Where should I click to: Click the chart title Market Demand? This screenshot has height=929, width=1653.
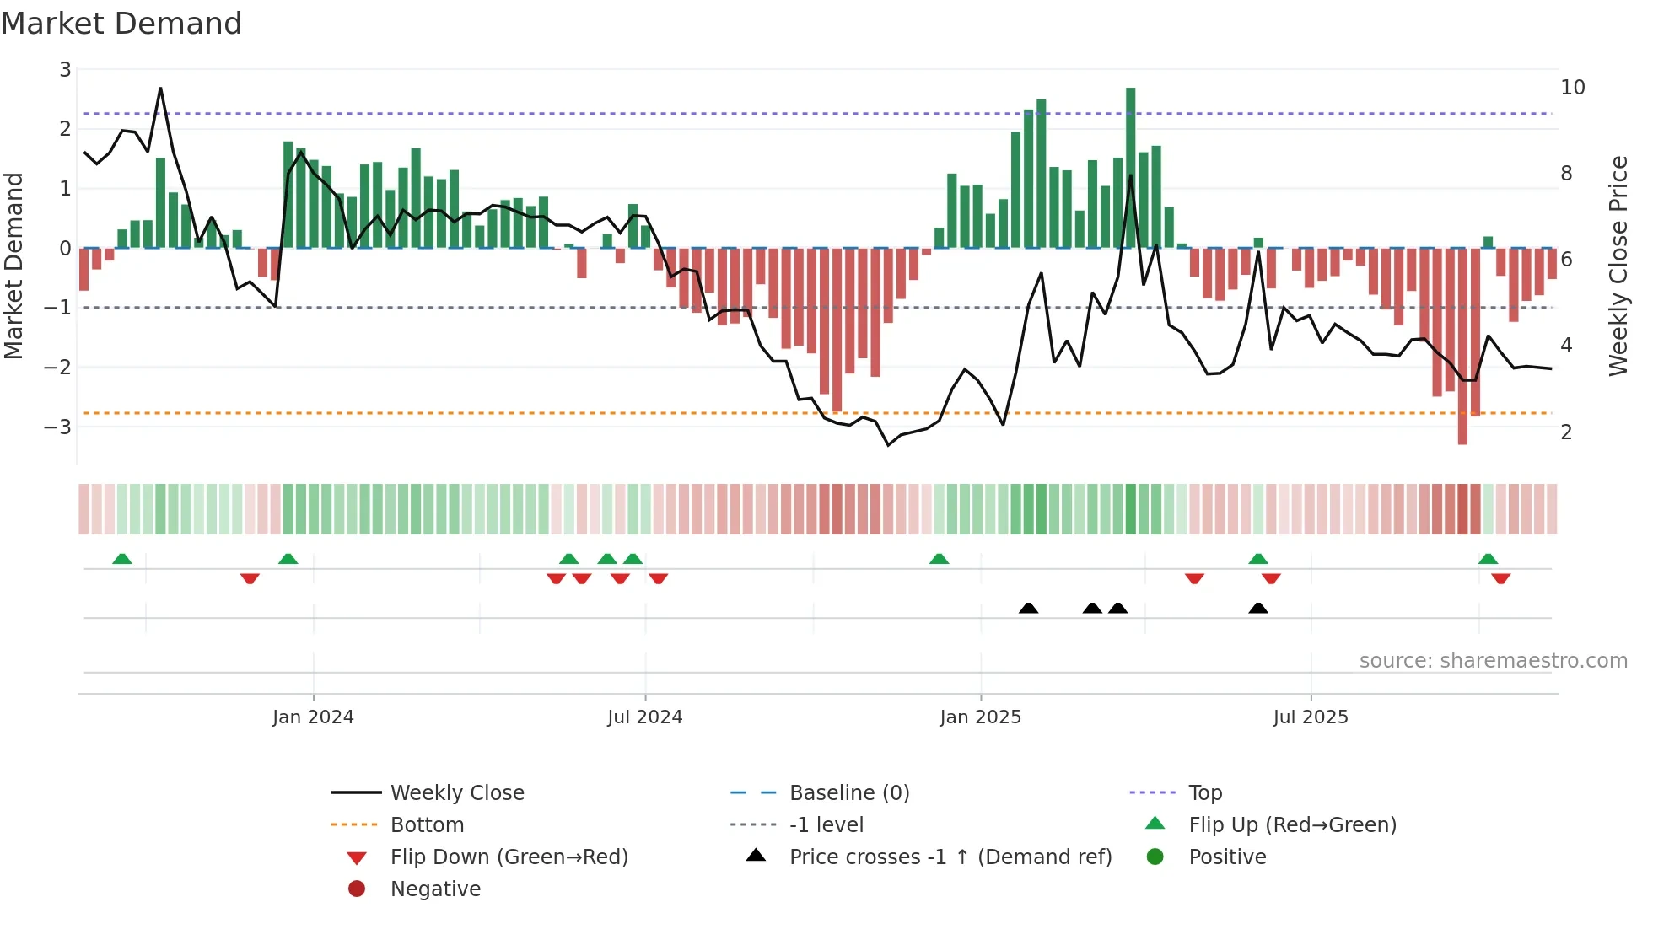click(121, 23)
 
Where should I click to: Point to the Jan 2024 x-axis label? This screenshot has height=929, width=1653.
click(313, 717)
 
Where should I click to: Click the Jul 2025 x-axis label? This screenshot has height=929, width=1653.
click(1310, 717)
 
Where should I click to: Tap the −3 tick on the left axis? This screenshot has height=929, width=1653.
click(57, 427)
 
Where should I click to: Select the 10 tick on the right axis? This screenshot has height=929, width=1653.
click(1572, 87)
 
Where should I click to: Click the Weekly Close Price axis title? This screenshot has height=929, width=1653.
click(1618, 266)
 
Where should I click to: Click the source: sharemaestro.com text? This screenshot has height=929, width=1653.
click(1493, 660)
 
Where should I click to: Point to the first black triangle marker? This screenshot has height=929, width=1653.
click(1028, 608)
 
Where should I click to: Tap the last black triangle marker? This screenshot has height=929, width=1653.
click(1257, 608)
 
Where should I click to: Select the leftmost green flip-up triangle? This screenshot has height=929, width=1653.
click(122, 558)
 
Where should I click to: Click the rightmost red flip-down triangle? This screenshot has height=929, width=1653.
click(1500, 578)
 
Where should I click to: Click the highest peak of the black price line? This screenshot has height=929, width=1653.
click(160, 89)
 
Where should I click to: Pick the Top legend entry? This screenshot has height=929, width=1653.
click(1204, 792)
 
